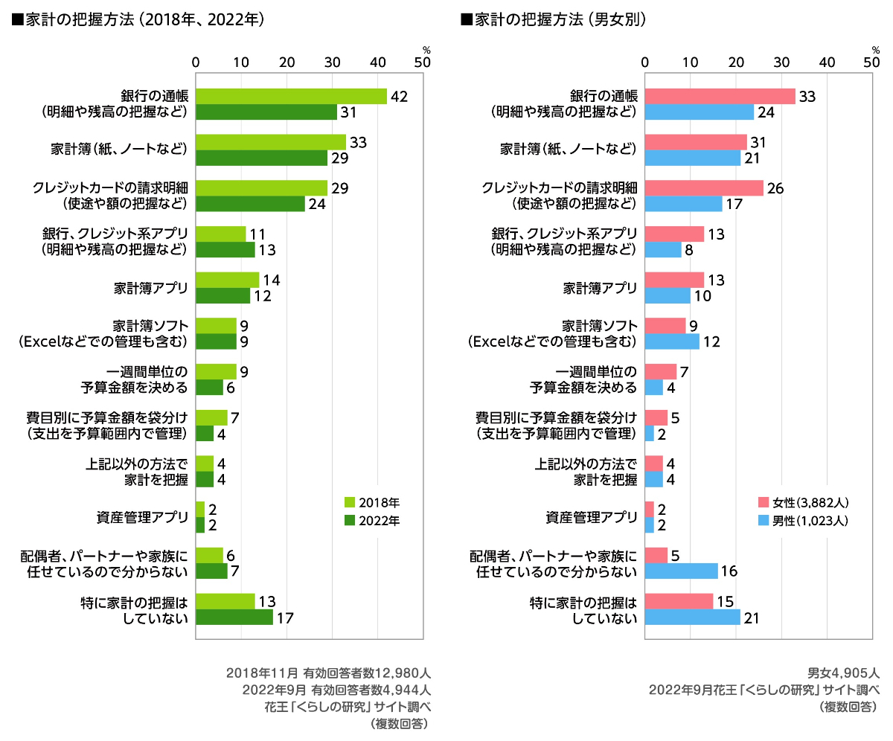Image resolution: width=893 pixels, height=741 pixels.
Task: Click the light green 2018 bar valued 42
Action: (x=291, y=96)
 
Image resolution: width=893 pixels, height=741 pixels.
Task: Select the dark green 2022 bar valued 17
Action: (x=234, y=617)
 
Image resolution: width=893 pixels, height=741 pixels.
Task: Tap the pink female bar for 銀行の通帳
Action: (x=720, y=96)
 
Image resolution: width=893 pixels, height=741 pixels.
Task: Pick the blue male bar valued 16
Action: (x=681, y=571)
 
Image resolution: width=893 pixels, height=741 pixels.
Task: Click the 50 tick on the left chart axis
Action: (x=423, y=63)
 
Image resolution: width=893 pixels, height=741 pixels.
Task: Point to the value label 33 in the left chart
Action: (x=359, y=142)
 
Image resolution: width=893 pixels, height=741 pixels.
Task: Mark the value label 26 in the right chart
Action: (x=776, y=188)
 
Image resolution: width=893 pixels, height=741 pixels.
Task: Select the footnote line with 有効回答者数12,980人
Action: (x=327, y=672)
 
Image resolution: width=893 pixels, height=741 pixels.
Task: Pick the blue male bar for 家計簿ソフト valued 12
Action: (x=672, y=341)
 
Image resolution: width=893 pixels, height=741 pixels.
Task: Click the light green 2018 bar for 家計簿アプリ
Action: (x=227, y=280)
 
